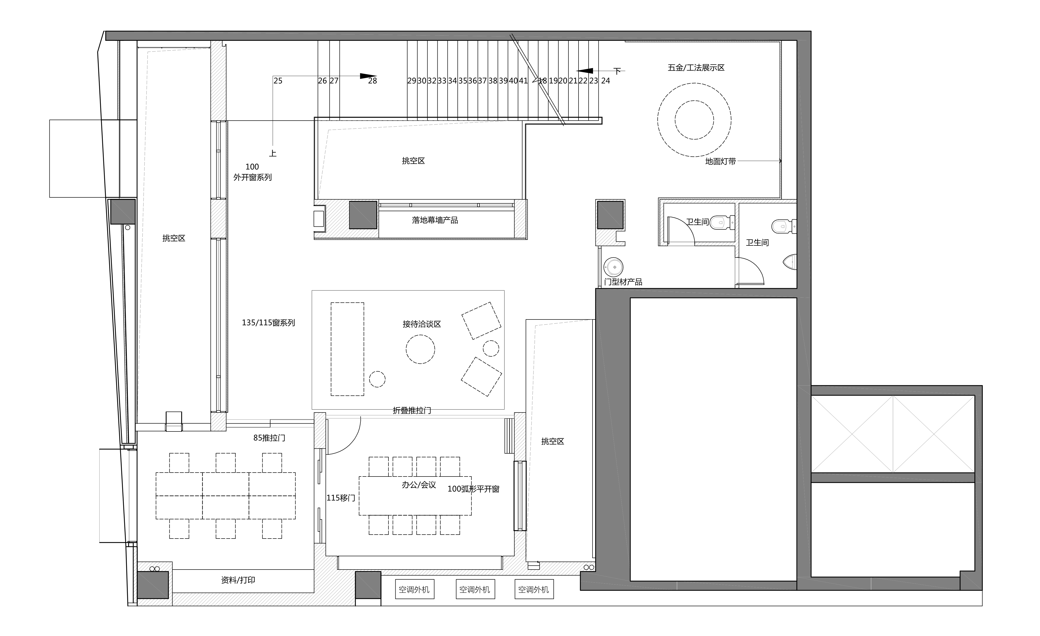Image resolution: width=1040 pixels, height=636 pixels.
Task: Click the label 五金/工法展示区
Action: pos(696,68)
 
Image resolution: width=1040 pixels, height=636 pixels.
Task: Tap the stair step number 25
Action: pos(278,81)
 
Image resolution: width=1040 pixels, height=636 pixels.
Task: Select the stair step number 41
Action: pos(523,81)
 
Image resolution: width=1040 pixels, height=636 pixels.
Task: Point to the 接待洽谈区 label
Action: pos(422,324)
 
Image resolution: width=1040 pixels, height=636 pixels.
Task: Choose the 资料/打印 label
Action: pos(238,580)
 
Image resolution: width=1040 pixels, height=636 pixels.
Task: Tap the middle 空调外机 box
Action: pos(475,589)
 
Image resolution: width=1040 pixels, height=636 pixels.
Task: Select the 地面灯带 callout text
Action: pos(720,161)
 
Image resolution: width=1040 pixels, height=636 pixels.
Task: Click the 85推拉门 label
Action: pos(269,438)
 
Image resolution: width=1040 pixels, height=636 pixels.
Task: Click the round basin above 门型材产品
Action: pos(613,267)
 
